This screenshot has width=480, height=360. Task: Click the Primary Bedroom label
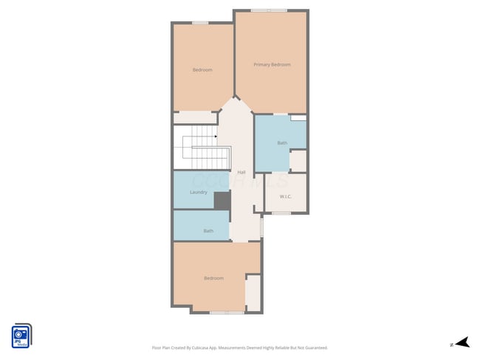[x=272, y=65]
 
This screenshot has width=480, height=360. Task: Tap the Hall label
[x=241, y=172]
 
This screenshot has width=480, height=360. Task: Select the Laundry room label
[x=198, y=193]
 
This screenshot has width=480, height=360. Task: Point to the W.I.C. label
[x=287, y=196]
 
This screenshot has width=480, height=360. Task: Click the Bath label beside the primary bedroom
[x=282, y=142]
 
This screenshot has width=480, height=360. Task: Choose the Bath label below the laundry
[x=208, y=231]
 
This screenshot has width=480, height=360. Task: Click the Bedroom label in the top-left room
[x=202, y=70]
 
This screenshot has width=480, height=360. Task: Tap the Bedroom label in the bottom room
[x=213, y=278]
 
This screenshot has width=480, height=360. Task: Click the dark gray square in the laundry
[x=222, y=201]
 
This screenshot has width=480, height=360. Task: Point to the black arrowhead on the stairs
[x=215, y=136]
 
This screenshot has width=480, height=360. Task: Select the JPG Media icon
[x=21, y=336]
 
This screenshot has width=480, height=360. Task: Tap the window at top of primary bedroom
[x=269, y=10]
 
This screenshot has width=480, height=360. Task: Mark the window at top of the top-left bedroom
[x=200, y=23]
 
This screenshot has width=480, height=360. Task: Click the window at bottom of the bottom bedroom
[x=226, y=312]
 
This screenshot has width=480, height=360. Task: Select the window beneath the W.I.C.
[x=281, y=213]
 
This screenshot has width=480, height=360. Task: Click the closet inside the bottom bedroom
[x=253, y=293]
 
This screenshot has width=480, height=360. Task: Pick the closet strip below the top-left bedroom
[x=195, y=118]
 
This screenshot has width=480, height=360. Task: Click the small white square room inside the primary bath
[x=298, y=161]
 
